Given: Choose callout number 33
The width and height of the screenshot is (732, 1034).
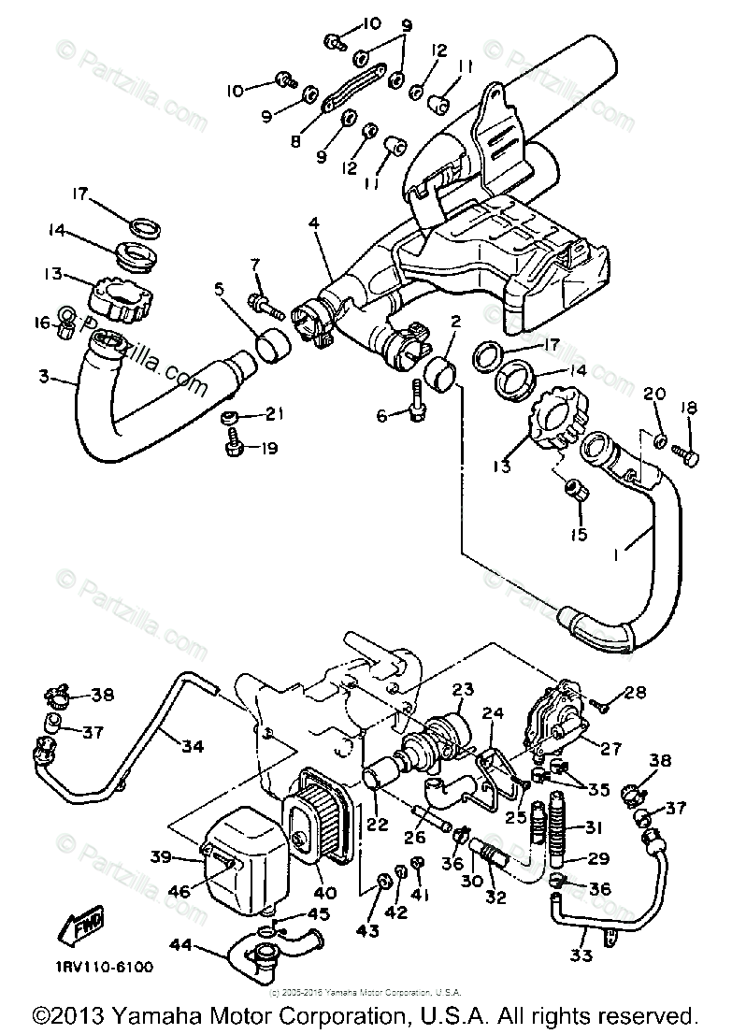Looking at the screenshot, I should click(x=581, y=957).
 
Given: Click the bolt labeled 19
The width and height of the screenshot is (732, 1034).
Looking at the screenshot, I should click(x=236, y=449).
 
